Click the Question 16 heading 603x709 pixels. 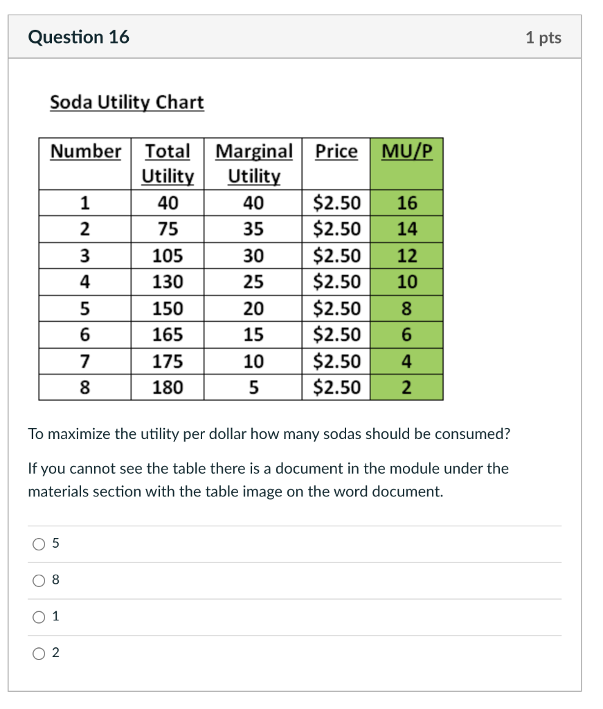click(78, 37)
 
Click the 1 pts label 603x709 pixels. click(543, 37)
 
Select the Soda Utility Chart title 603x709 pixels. click(127, 102)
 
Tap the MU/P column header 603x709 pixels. click(406, 151)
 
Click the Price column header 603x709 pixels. click(336, 151)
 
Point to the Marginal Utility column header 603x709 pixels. click(254, 163)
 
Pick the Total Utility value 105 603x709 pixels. click(168, 255)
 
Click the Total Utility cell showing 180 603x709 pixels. click(168, 387)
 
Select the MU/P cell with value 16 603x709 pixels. click(407, 203)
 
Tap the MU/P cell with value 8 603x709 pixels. click(407, 308)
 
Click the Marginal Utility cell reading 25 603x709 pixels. click(253, 282)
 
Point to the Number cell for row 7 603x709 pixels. click(84, 361)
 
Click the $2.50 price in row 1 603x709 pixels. click(337, 203)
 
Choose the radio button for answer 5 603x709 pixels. click(38, 544)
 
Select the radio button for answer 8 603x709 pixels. click(38, 581)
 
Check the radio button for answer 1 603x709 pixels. click(38, 617)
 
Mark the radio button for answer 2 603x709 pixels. click(38, 653)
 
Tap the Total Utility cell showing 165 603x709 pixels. click(168, 334)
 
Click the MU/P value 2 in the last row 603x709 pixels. click(407, 387)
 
